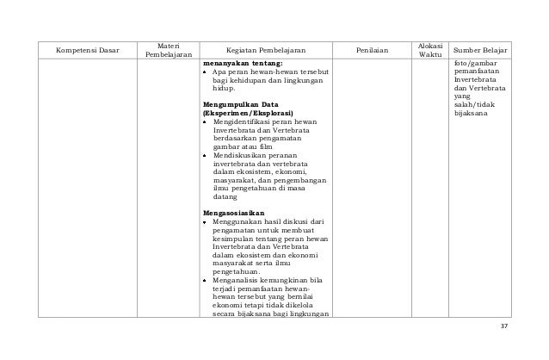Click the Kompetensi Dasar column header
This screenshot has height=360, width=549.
coord(86,50)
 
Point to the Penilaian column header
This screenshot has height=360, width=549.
coord(371,50)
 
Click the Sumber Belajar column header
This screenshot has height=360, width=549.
coord(481,50)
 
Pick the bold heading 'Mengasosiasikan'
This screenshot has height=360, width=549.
coord(234,212)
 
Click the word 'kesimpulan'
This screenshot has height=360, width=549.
coord(234,238)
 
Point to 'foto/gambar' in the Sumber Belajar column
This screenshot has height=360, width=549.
coord(476,63)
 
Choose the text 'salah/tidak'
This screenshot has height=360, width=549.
coord(476,104)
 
